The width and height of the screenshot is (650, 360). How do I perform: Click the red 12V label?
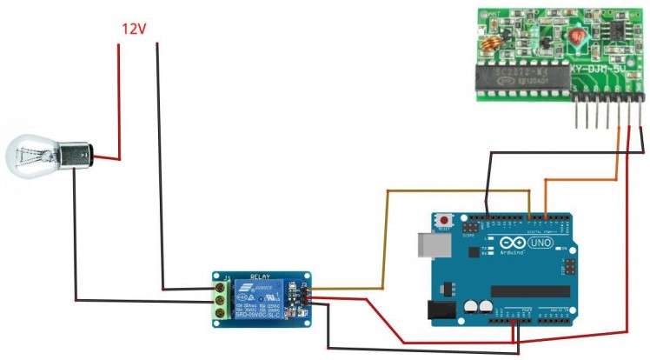133,29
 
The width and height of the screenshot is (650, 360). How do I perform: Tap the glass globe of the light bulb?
30,157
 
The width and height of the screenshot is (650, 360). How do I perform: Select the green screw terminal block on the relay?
221,299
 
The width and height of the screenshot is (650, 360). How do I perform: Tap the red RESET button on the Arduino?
447,221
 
